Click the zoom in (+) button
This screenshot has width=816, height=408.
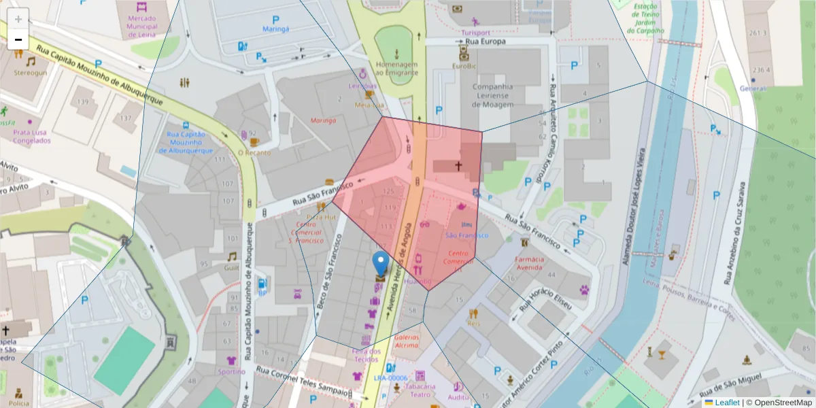(x=18, y=19)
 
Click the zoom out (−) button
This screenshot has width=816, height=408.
(x=18, y=39)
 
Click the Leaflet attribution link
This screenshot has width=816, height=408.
(x=727, y=403)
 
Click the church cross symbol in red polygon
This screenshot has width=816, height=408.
(x=458, y=165)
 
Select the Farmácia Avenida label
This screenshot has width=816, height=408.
(x=529, y=262)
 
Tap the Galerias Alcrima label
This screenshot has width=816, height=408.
(x=406, y=341)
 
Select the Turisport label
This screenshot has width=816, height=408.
(x=475, y=33)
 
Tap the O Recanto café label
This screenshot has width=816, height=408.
(x=254, y=152)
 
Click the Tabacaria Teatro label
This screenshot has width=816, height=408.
(x=420, y=390)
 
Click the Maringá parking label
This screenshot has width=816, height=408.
(x=276, y=29)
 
